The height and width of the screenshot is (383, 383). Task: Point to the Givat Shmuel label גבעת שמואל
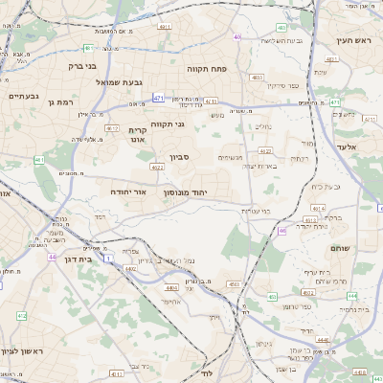[120, 82]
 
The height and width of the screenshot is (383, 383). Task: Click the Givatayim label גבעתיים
[24, 96]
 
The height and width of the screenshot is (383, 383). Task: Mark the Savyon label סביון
[180, 156]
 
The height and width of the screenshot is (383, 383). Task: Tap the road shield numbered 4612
[112, 127]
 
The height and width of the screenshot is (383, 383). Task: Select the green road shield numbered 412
[21, 315]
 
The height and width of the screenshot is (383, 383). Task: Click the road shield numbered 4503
[234, 284]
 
